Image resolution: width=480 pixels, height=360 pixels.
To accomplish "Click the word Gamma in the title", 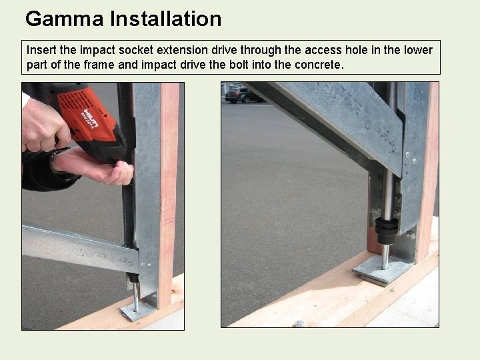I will tap(64, 19).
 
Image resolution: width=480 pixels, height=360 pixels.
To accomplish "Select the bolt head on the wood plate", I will tap(299, 323).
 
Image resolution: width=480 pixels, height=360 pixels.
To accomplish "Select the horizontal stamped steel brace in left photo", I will tap(80, 248).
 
